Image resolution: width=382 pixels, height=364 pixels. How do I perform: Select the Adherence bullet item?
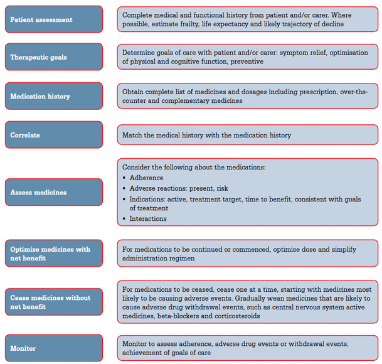(x=146, y=178)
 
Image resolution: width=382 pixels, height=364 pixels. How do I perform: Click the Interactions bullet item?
(x=148, y=218)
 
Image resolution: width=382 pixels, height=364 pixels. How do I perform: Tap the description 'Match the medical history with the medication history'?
(x=206, y=135)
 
